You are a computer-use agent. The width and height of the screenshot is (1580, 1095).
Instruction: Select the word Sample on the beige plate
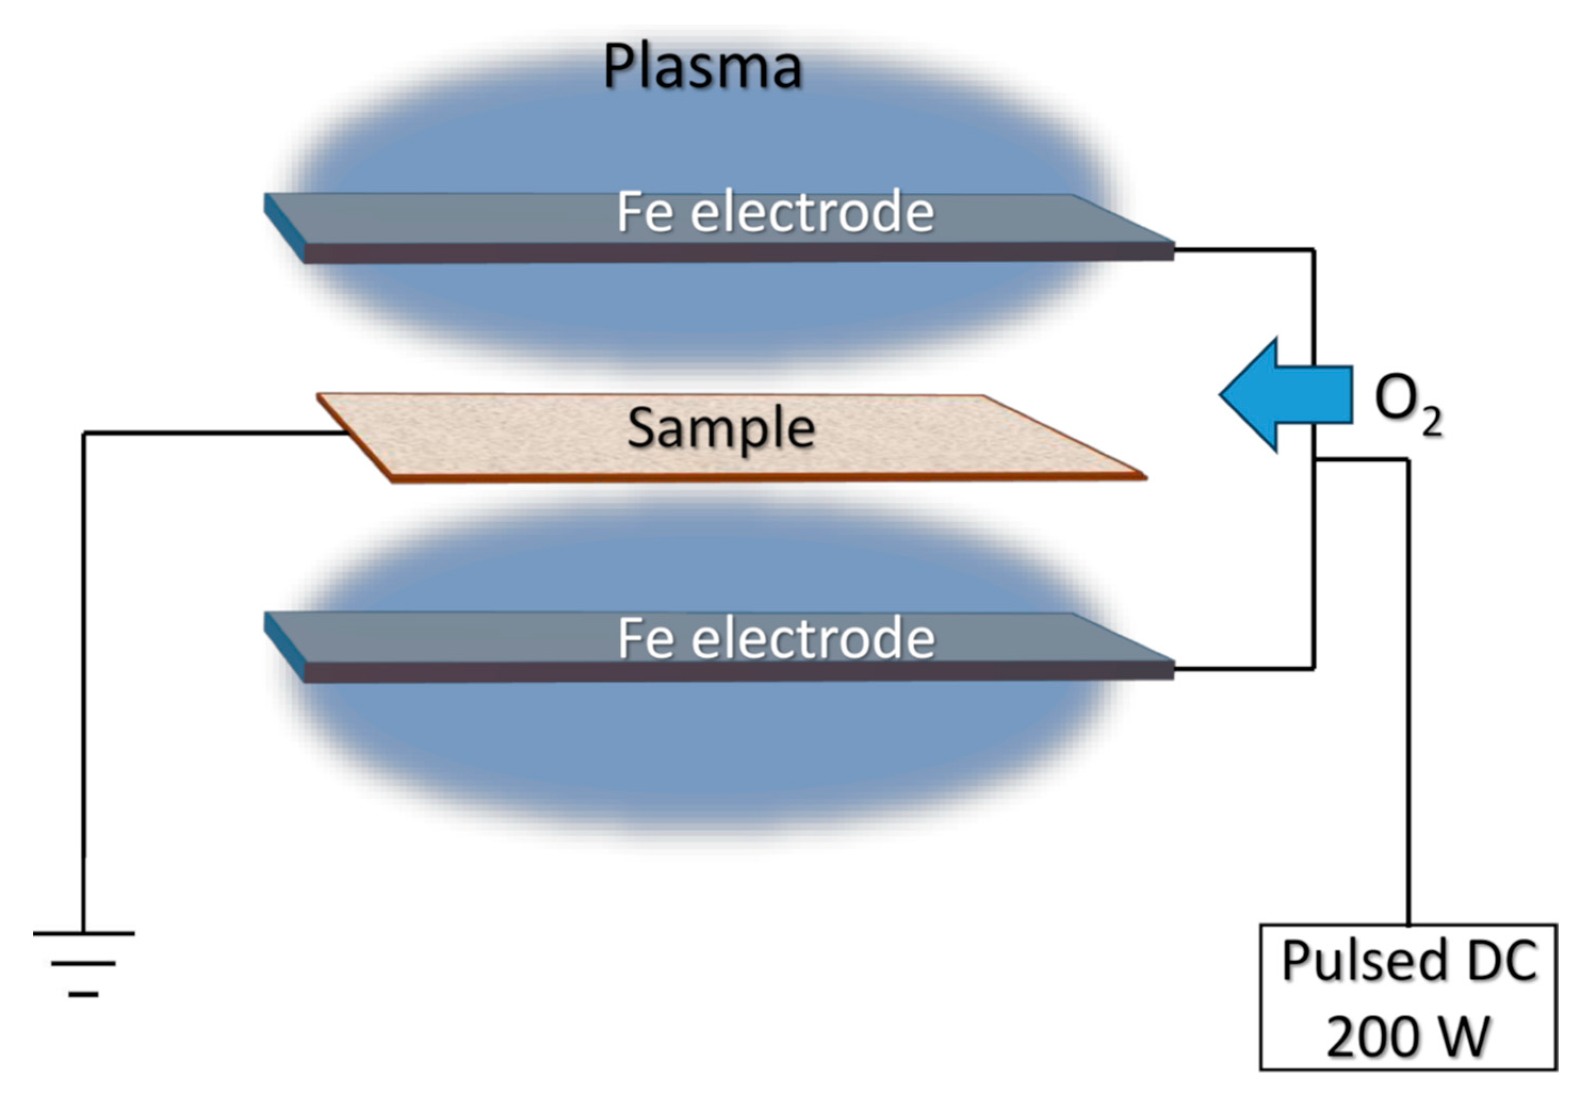tap(721, 429)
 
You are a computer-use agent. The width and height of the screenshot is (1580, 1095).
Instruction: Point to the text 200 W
tap(1408, 1036)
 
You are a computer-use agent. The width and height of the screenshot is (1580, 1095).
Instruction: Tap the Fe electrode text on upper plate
tap(775, 213)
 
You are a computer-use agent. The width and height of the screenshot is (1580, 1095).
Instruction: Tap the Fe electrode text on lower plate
tap(775, 639)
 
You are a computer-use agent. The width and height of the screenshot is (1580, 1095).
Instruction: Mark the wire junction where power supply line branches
tap(1314, 459)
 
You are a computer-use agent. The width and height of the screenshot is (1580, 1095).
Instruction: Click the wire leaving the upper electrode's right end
tap(1242, 249)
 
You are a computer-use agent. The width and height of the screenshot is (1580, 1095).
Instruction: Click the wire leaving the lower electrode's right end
tap(1242, 667)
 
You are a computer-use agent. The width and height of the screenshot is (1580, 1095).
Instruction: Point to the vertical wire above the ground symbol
tap(84, 686)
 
